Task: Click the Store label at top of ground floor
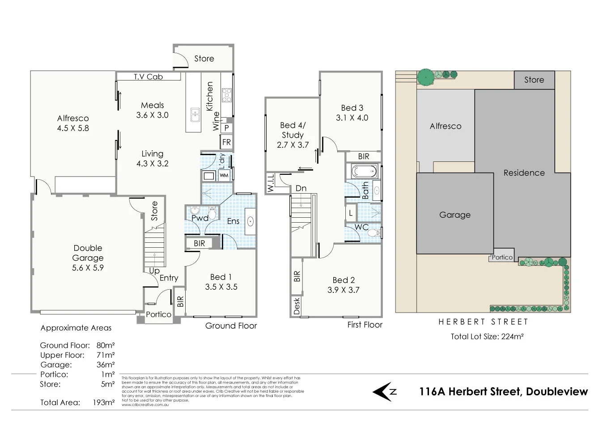pos(204,59)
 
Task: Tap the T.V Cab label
pos(148,76)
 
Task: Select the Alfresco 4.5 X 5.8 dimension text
pos(73,128)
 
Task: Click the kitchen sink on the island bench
pos(195,115)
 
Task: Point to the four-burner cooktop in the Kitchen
pos(227,95)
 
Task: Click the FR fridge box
pos(226,142)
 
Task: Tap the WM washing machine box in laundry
pos(224,175)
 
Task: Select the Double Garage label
pos(88,253)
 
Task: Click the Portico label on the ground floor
pos(158,314)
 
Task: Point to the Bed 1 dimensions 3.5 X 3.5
pos(221,287)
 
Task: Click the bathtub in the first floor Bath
pos(364,171)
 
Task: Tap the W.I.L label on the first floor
pos(271,183)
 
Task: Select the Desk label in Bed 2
pos(297,306)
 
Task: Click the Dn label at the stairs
pos(301,188)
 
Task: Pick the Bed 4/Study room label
pos(293,130)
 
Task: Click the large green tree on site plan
pos(425,78)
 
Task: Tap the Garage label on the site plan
pos(455,215)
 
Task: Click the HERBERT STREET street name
pos(483,322)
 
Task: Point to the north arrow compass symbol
pos(384,392)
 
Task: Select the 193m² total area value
pos(103,402)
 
